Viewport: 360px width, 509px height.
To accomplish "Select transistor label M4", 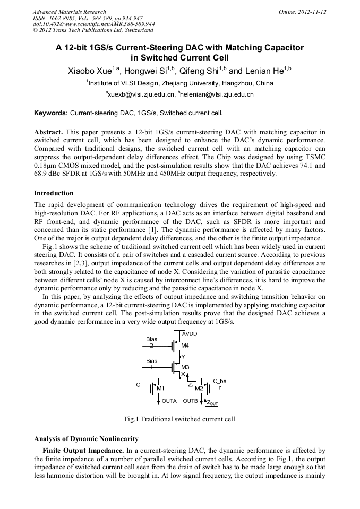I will [185, 346].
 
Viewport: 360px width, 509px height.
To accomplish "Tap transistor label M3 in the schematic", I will [185, 367].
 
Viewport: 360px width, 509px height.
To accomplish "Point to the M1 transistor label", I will [160, 389].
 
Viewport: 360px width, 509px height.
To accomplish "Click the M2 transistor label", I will [199, 389].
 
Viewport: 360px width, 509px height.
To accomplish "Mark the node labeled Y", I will [183, 357].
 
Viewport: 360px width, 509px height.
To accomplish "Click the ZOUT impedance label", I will [212, 403].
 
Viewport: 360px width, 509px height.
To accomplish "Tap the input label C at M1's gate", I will [138, 384].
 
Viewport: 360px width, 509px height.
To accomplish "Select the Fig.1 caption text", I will [179, 419].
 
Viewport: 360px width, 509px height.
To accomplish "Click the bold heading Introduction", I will [54, 193].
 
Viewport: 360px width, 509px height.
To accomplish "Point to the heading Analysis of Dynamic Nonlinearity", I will [86, 439].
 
